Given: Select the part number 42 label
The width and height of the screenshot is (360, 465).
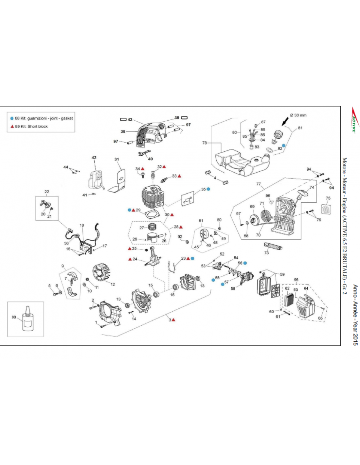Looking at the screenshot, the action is point(94,158).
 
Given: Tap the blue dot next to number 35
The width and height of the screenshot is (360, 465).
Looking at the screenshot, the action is point(208,189).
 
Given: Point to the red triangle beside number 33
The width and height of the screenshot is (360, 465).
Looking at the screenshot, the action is point(179,176).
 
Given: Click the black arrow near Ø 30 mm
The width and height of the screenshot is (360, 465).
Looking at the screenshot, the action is point(285,122).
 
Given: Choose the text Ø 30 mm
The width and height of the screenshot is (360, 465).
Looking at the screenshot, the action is point(298,115).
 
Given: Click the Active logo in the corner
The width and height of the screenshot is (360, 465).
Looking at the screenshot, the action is point(353,120).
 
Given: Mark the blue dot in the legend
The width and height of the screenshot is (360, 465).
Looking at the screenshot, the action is point(12,118).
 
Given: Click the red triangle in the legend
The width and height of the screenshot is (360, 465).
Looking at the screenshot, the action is point(12,127).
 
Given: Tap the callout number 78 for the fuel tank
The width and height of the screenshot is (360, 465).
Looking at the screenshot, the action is point(205,143).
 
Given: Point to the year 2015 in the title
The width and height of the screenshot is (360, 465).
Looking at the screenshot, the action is point(355,337).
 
